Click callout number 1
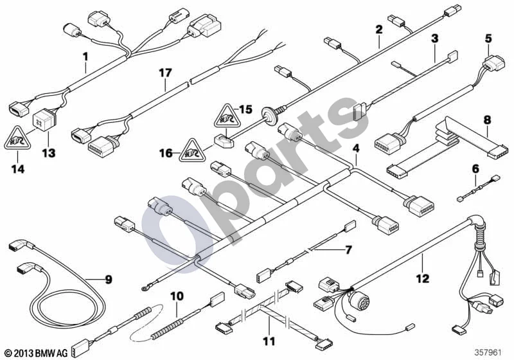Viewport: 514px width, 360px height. [x=85, y=57]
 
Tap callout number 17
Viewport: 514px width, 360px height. [x=166, y=73]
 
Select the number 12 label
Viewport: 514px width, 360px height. [x=423, y=278]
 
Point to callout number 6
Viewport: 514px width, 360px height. [x=475, y=169]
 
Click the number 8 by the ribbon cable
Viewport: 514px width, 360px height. [x=488, y=120]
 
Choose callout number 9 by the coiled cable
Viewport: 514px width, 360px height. [x=108, y=280]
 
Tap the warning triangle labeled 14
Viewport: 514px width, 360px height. [x=17, y=138]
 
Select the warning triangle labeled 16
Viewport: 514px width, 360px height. [x=192, y=150]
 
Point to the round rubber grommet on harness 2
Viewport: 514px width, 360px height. [x=270, y=113]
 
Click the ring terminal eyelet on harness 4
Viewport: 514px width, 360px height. [x=144, y=288]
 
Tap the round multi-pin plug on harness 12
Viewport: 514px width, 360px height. [x=356, y=297]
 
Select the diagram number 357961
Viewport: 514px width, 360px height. [x=488, y=353]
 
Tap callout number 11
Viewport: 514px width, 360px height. [x=269, y=341]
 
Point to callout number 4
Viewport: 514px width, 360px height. [x=356, y=148]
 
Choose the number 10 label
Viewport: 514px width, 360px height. [x=177, y=296]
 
